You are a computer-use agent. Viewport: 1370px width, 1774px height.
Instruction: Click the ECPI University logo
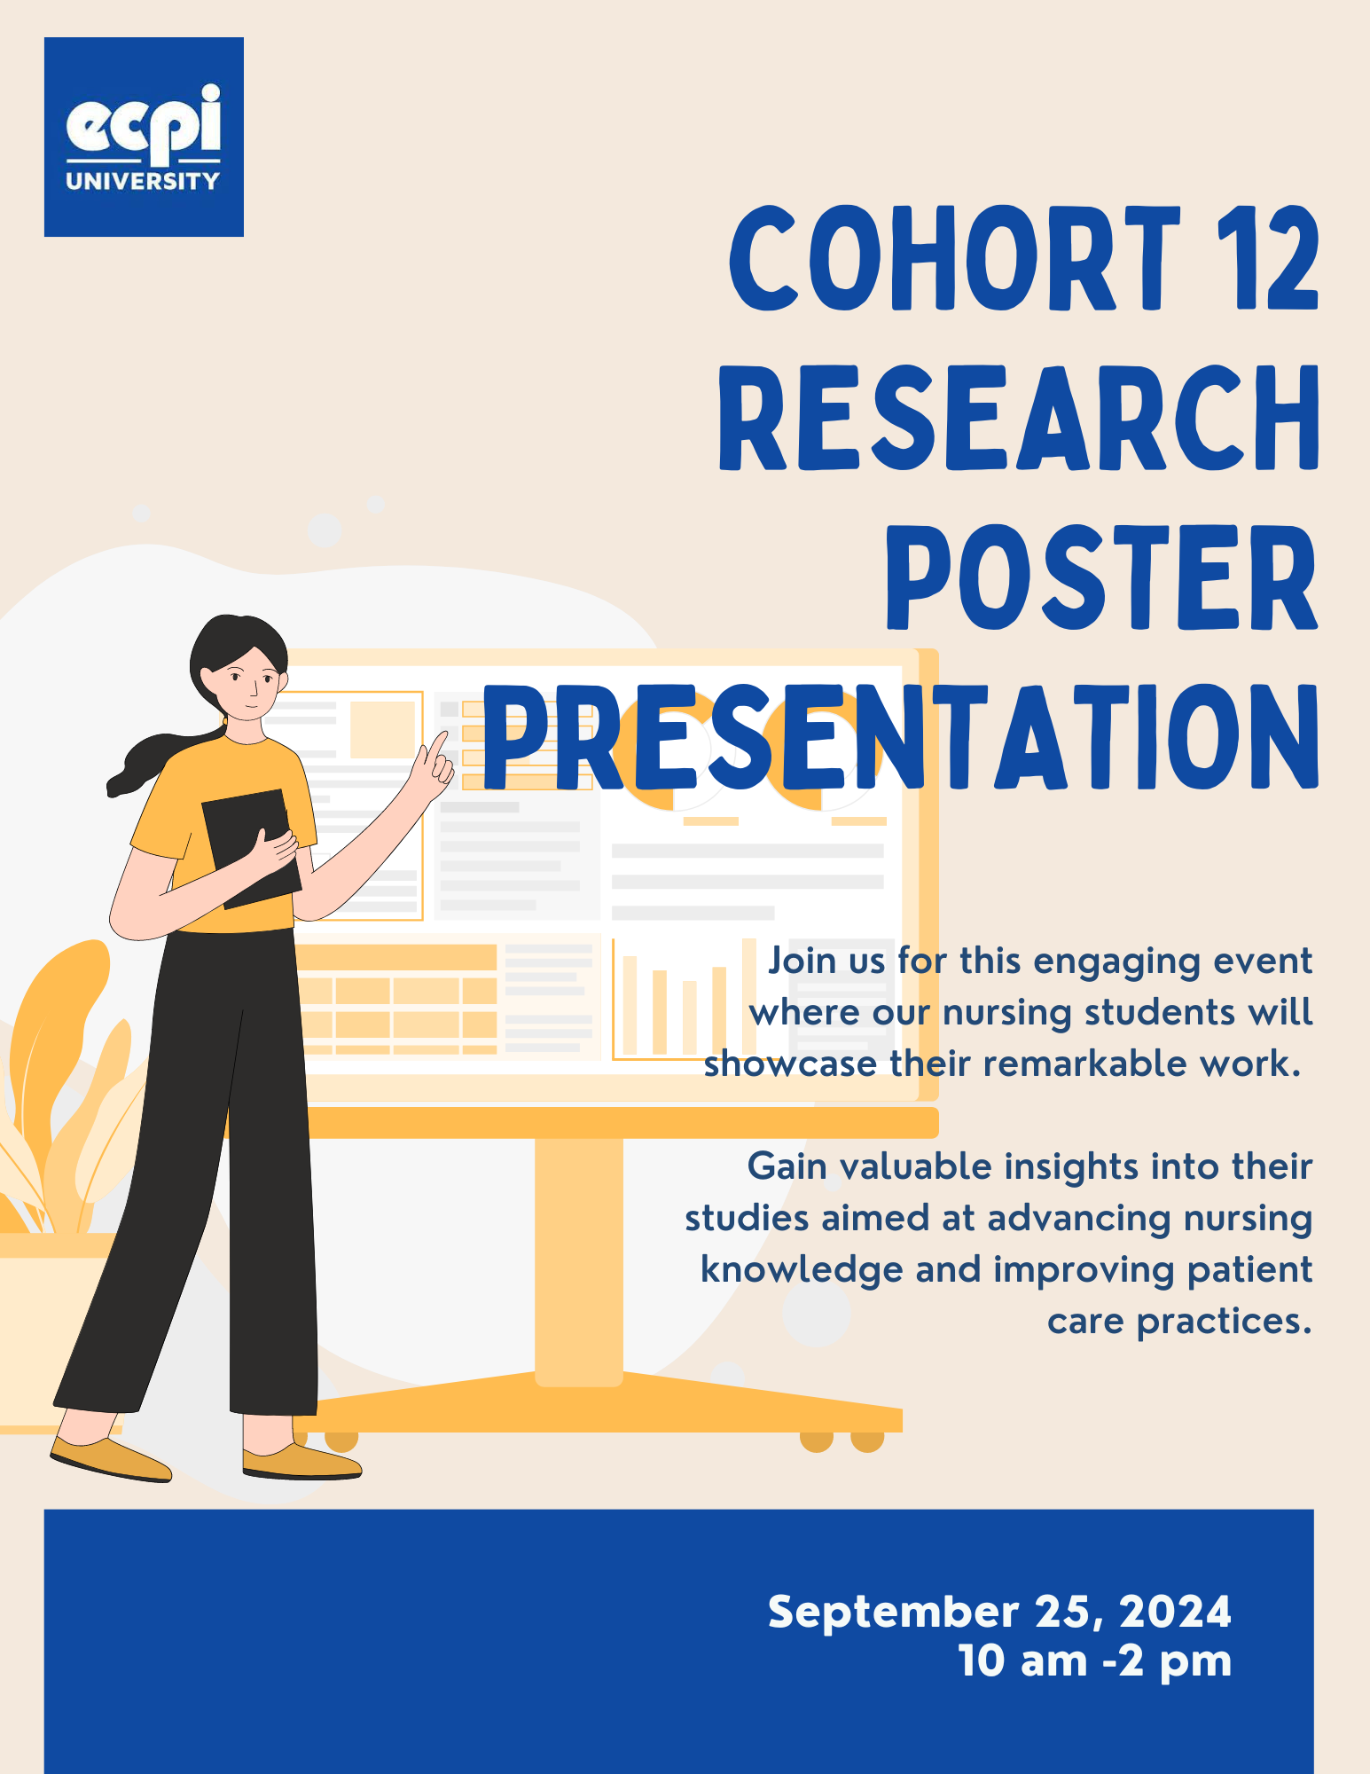coord(144,137)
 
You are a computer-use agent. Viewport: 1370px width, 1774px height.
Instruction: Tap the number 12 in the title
coord(1268,258)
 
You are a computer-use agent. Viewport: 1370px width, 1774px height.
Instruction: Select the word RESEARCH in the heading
coord(1019,417)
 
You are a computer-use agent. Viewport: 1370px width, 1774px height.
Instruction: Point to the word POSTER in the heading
coord(1102,577)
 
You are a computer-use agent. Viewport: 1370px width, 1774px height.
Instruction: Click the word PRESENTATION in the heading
coord(901,737)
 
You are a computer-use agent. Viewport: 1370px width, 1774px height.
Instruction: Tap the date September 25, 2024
coord(999,1611)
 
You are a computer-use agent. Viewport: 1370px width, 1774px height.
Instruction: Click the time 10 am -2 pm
coord(1095,1660)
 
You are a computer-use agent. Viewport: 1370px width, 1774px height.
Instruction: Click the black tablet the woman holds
coord(251,848)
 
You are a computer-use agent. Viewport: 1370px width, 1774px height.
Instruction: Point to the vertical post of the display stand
coord(578,1260)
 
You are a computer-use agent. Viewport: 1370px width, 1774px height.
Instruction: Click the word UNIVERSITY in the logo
coord(143,181)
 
